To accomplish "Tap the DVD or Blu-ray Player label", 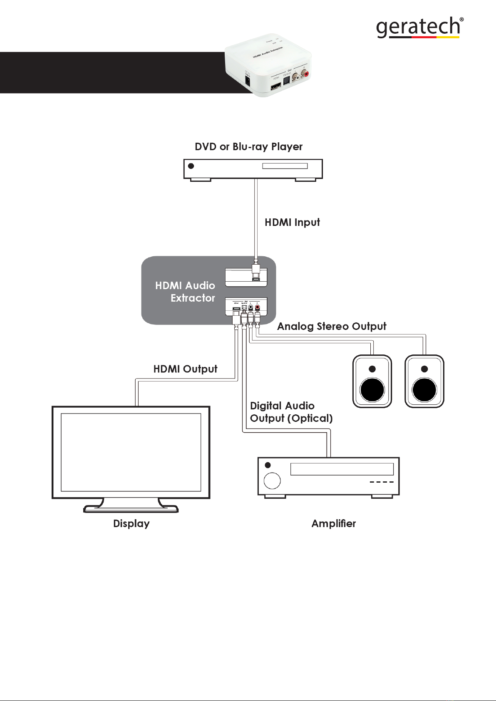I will (248, 147).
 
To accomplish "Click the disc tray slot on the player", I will (285, 166).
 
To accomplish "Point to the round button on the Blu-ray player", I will (191, 166).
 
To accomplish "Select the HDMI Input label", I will (292, 222).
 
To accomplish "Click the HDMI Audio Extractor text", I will (186, 292).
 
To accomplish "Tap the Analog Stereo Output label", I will (332, 326).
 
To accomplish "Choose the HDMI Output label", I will (185, 369).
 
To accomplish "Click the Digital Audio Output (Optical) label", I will (291, 412).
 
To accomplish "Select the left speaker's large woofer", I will (372, 390).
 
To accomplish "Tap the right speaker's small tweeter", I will (424, 369).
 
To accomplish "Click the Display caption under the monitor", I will (131, 523).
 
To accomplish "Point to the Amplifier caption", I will (334, 523).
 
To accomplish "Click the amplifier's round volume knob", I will (272, 481).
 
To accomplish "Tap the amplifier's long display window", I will (342, 469).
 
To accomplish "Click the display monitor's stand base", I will (131, 509).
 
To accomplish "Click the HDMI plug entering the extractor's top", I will (256, 270).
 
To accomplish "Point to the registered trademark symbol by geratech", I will (461, 20).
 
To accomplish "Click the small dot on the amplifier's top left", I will (268, 465).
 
